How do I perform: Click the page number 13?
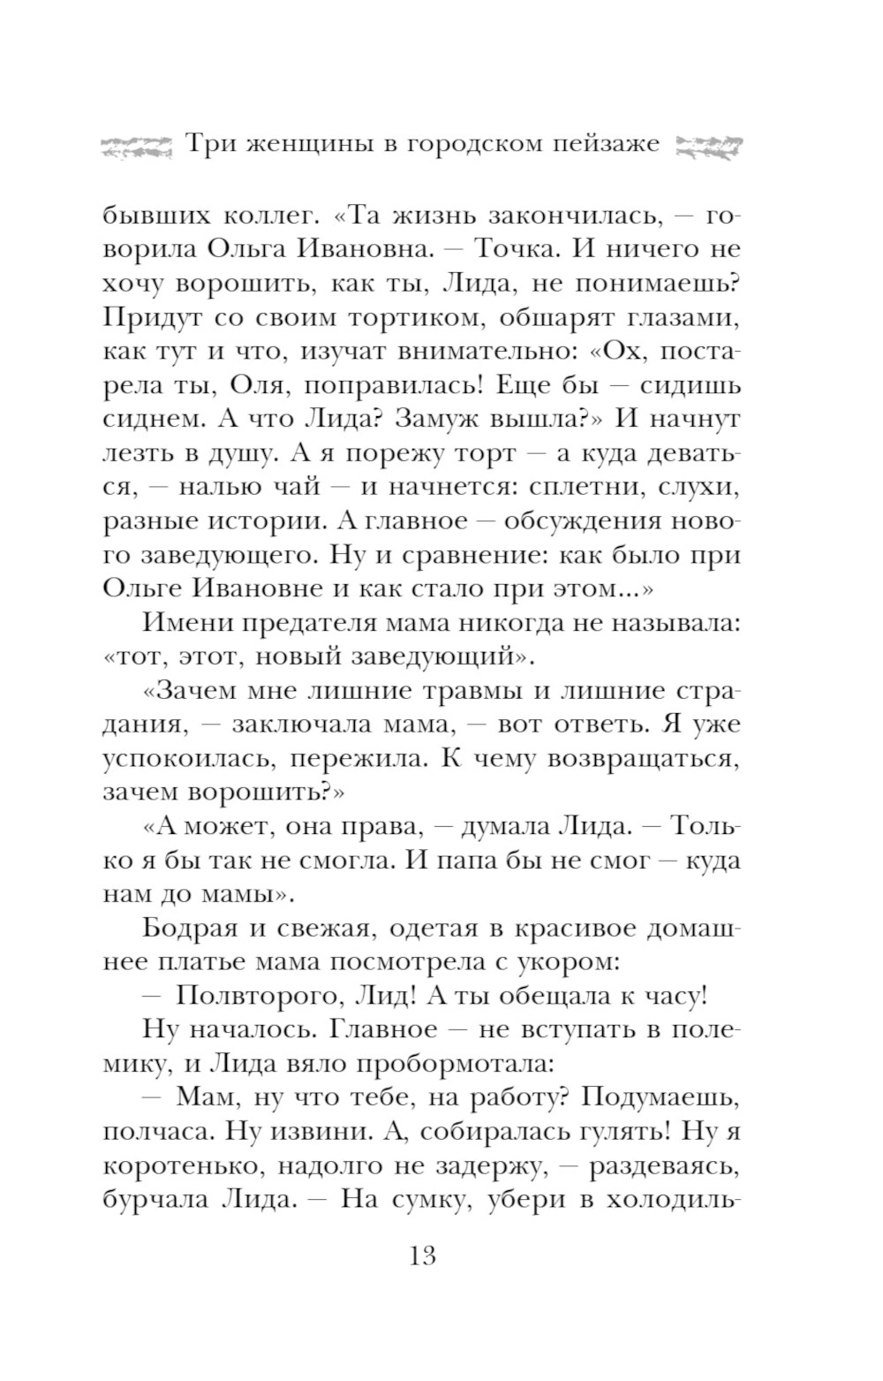click(423, 1255)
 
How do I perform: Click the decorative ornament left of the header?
click(135, 144)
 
